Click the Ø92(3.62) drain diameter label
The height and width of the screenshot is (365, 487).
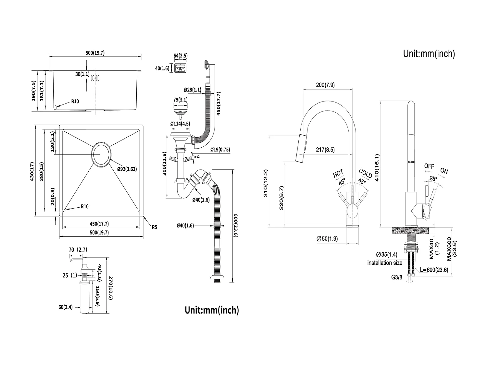pos(127,169)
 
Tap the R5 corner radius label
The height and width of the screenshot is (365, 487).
pos(155,227)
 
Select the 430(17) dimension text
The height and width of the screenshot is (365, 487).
pos(32,172)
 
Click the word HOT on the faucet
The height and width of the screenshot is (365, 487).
pos(338,173)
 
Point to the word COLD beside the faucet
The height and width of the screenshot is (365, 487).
pos(366,173)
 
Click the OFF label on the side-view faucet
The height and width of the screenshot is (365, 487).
pos(429,166)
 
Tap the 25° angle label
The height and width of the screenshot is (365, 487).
pos(433,178)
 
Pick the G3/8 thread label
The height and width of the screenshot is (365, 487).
pos(397,277)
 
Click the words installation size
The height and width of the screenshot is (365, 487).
pos(385,263)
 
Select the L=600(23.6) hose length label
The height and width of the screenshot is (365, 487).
pos(434,270)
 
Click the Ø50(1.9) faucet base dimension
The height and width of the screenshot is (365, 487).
pos(327,239)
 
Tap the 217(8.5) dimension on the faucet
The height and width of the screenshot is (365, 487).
pos(325,150)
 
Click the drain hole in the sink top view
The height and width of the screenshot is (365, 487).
pos(101,154)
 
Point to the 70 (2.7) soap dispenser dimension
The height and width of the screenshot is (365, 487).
pos(78,250)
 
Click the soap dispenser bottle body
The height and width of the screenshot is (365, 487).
pos(84,297)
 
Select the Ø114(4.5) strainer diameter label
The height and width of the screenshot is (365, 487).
pos(180,123)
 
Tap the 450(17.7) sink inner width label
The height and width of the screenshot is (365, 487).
pos(99,224)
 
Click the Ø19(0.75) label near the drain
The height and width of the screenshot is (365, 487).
pos(220,150)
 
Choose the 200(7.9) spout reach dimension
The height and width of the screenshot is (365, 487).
pos(325,85)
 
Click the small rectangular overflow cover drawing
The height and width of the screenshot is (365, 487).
pos(181,68)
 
